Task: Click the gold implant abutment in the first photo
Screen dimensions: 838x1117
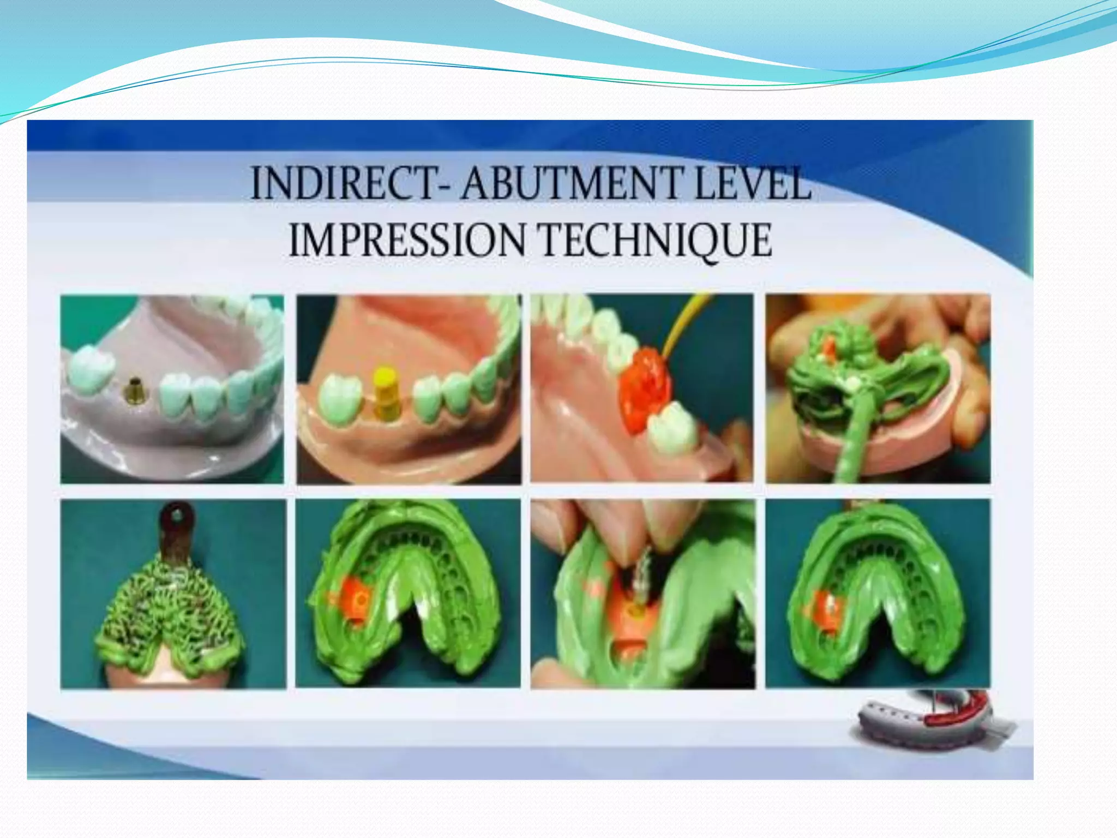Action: click(x=133, y=388)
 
